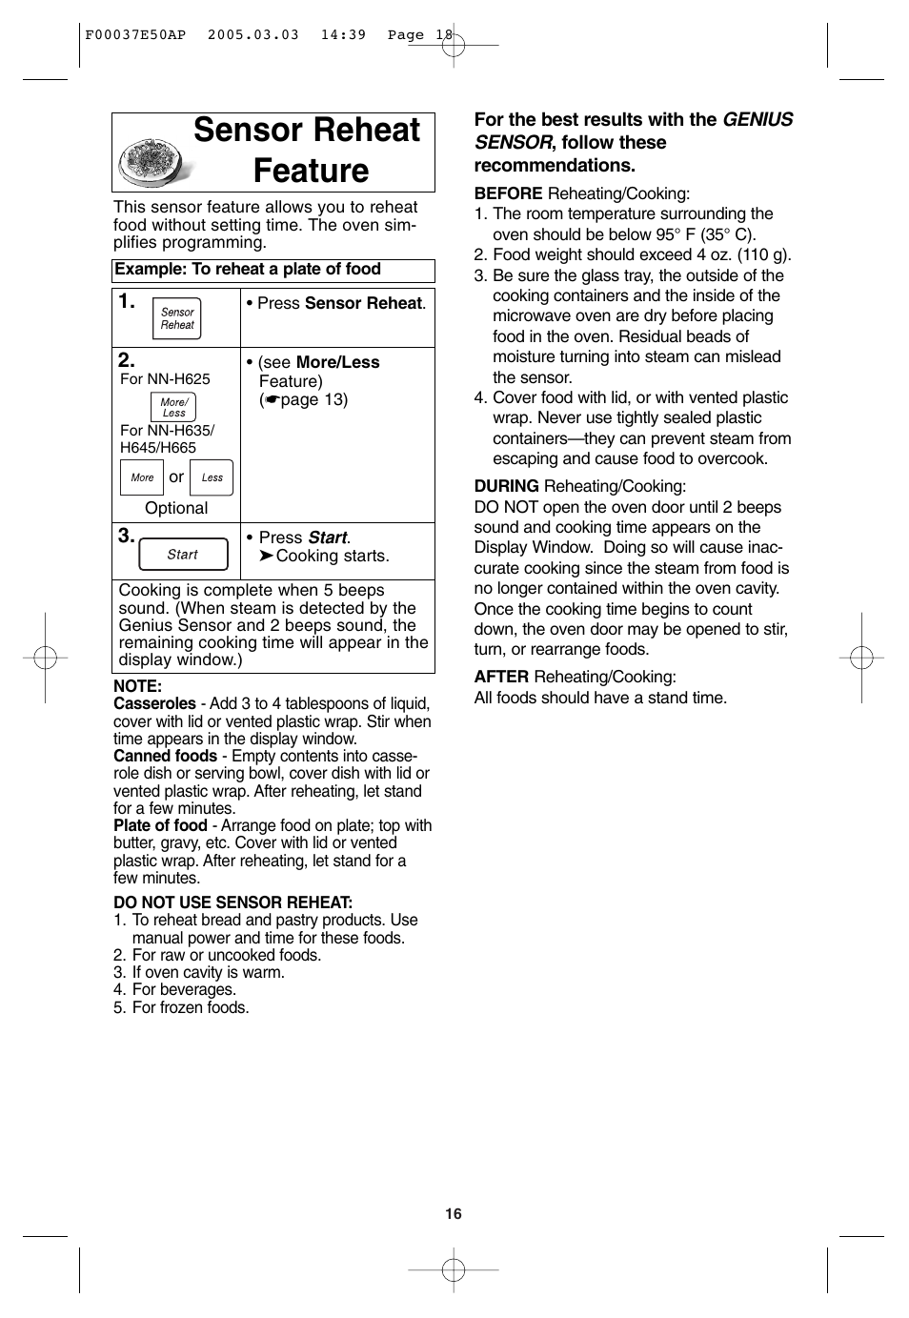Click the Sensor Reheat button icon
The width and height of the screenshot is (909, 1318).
click(x=177, y=318)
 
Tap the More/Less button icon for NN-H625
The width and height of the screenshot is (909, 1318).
click(x=173, y=408)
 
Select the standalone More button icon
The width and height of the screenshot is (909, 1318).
click(x=142, y=477)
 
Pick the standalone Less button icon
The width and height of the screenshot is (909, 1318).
click(x=212, y=477)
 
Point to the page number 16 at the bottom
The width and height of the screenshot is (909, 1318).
click(x=454, y=1213)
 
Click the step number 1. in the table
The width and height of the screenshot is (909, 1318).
click(x=127, y=302)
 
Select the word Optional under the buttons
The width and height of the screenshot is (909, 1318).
click(x=176, y=508)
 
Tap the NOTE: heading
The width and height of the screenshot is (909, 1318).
click(x=137, y=686)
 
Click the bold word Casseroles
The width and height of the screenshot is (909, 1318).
click(x=154, y=703)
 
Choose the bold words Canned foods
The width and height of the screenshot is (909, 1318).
click(x=165, y=756)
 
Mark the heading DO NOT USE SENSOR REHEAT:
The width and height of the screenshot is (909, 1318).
click(x=232, y=902)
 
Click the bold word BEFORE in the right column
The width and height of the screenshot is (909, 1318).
click(x=508, y=193)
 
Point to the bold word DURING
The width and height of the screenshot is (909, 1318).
click(x=507, y=486)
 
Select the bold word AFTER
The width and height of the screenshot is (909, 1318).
click(x=501, y=677)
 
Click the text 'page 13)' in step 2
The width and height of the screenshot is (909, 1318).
click(x=313, y=399)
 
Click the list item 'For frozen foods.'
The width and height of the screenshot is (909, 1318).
click(x=190, y=1007)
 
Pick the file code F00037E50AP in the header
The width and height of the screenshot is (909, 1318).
click(x=135, y=34)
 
